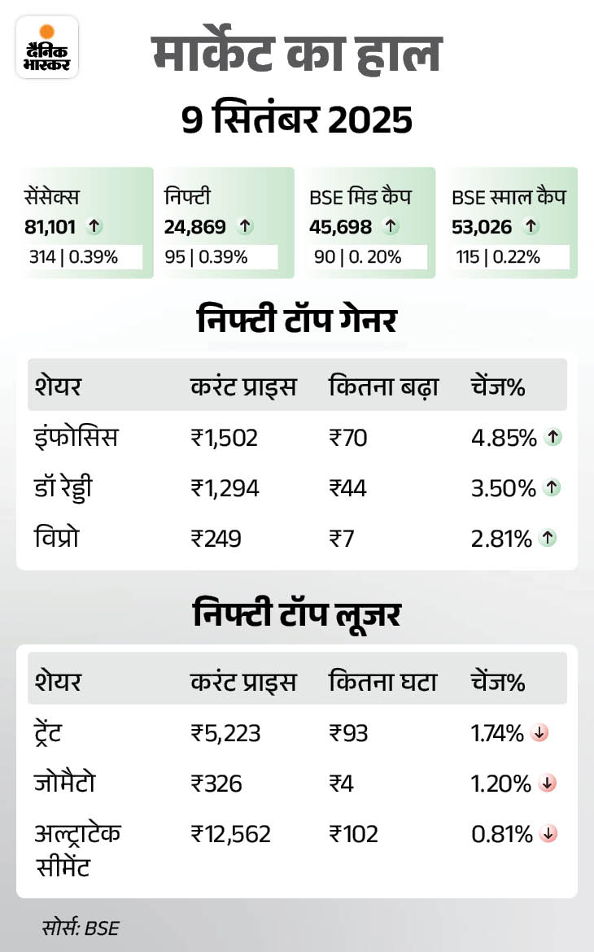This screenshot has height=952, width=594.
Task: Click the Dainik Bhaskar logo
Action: click(47, 47)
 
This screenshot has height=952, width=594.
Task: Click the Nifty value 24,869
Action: click(194, 227)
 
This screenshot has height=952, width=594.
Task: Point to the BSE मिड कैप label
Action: click(360, 197)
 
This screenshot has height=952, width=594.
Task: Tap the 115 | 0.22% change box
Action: click(502, 257)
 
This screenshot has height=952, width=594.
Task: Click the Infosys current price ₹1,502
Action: click(225, 438)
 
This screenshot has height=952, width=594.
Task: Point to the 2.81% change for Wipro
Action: click(503, 538)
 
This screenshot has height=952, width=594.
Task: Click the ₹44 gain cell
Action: click(347, 488)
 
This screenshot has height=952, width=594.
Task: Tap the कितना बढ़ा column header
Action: click(383, 386)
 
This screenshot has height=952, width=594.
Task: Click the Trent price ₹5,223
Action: click(226, 733)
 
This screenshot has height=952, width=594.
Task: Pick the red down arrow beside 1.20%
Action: click(548, 784)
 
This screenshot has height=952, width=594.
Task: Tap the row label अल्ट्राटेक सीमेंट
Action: click(78, 849)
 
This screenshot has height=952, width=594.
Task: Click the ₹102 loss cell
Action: click(353, 834)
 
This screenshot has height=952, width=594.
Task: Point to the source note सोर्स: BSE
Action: click(81, 927)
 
